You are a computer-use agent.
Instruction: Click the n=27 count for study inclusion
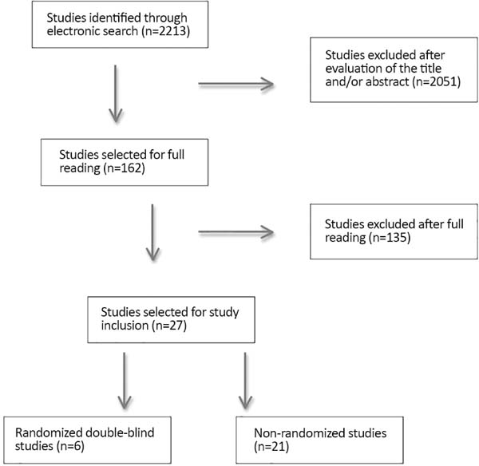click(x=169, y=326)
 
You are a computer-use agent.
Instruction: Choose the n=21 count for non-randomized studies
click(x=271, y=447)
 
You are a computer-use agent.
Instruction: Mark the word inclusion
click(x=125, y=326)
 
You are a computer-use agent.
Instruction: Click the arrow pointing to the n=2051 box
click(x=236, y=84)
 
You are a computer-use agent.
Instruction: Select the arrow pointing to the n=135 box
click(x=236, y=232)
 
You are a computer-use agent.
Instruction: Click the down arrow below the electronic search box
click(x=116, y=93)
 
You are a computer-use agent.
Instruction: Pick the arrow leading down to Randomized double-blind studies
click(x=125, y=381)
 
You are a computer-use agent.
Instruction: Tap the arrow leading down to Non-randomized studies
click(x=245, y=381)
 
